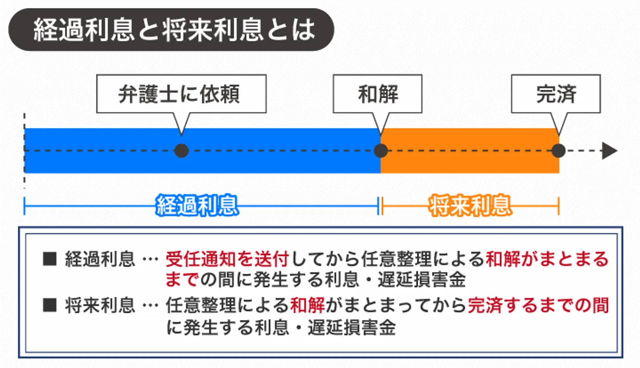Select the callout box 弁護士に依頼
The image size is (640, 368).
tap(181, 94)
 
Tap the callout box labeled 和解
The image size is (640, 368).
tap(378, 94)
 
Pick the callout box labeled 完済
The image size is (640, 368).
tap(556, 94)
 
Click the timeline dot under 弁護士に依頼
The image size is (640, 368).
tap(181, 151)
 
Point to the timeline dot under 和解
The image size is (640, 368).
tap(380, 151)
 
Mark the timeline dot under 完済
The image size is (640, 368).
tap(558, 151)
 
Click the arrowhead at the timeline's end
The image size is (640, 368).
tap(610, 151)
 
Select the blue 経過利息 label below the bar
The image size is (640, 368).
tap(197, 206)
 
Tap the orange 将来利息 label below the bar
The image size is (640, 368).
tap(470, 206)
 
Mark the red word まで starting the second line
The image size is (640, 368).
tap(181, 280)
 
